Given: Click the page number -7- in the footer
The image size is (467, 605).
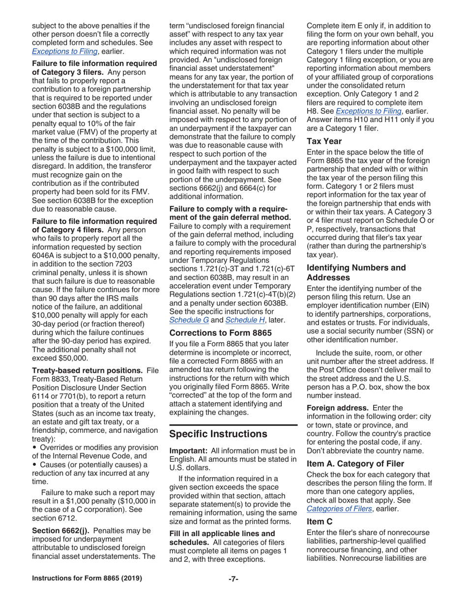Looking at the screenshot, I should click(233, 578).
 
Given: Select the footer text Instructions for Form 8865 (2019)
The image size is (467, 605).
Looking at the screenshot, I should click(87, 578).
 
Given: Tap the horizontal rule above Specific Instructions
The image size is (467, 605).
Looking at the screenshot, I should click(233, 424).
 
